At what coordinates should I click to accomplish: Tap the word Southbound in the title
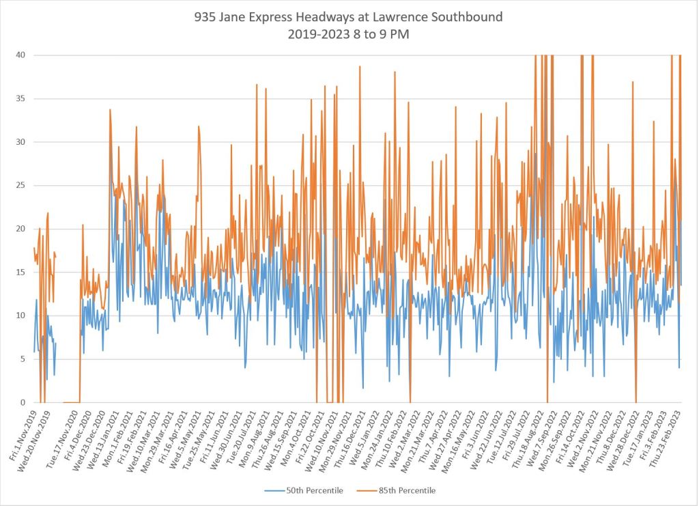tap(468, 17)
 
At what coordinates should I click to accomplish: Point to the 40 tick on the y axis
tap(23, 55)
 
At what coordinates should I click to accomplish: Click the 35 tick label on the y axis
tap(23, 98)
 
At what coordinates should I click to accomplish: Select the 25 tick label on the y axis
tap(23, 185)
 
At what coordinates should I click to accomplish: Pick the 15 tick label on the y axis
tap(23, 272)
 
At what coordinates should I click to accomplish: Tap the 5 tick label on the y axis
tap(25, 359)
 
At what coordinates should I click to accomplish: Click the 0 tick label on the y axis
tap(25, 402)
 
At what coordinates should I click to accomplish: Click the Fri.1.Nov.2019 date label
tap(23, 432)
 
